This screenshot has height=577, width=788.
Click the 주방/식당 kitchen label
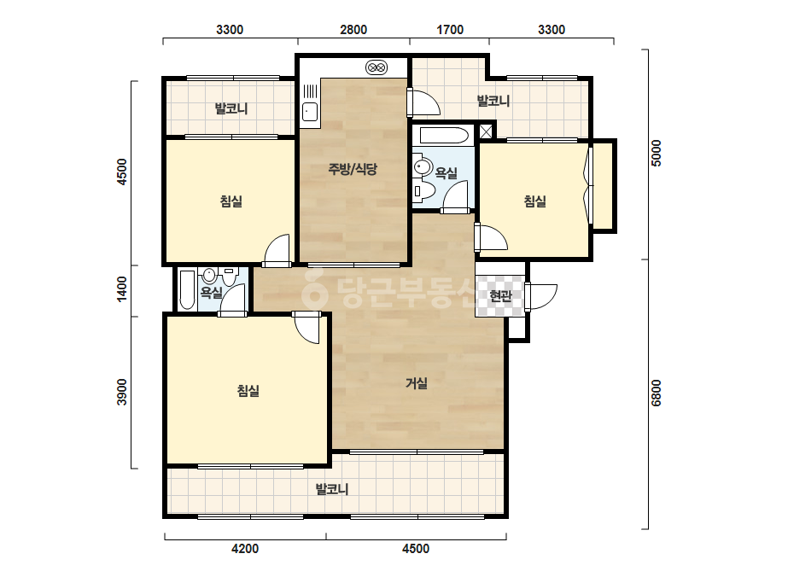pos(353,169)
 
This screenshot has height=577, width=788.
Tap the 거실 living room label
pos(417,383)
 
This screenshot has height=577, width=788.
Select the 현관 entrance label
pos(500,296)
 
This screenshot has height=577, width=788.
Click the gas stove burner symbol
pos(376,67)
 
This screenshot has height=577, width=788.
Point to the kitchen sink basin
pos(310,112)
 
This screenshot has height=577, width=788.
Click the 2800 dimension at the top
pos(353,30)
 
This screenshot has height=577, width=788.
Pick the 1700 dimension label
pos(450,30)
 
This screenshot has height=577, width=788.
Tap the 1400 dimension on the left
pos(122,289)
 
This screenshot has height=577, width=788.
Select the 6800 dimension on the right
pos(656,393)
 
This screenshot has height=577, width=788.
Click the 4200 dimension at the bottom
pos(245,548)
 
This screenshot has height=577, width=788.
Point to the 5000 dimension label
pos(656,153)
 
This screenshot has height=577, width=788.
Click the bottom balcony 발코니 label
pos(332,489)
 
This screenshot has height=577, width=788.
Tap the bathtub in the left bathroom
pos(187,290)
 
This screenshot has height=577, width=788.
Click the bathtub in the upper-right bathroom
pos(444,135)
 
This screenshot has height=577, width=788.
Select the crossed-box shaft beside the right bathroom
pos(486,131)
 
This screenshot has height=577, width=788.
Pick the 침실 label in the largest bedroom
pos(248,391)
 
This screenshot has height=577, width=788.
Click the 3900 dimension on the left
pos(122,392)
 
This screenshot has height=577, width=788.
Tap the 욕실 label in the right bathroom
pos(447,173)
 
